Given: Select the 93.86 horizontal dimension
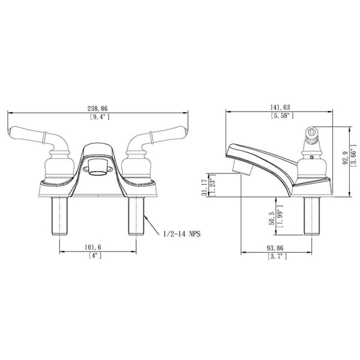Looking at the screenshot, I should click(277, 247).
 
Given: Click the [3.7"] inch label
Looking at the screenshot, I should click(277, 256).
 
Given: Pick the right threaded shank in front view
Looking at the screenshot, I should click(136, 217).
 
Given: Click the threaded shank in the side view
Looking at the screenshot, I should click(311, 216).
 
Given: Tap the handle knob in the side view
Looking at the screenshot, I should click(311, 134).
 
